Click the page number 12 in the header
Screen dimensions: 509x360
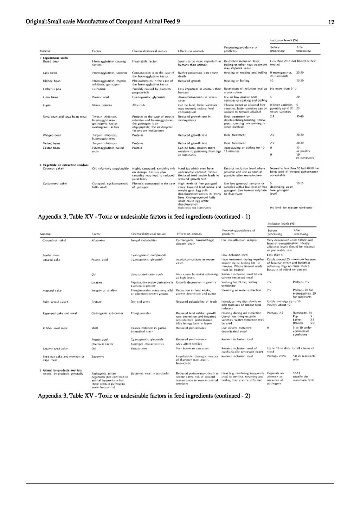[331, 22]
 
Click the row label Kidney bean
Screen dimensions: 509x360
[52, 81]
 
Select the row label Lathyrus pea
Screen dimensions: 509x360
[52, 89]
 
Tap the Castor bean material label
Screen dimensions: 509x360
[52, 148]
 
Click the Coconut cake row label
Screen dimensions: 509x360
[53, 168]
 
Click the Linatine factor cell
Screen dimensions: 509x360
[97, 282]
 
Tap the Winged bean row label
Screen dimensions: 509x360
[52, 135]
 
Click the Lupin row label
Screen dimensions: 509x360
[47, 105]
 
